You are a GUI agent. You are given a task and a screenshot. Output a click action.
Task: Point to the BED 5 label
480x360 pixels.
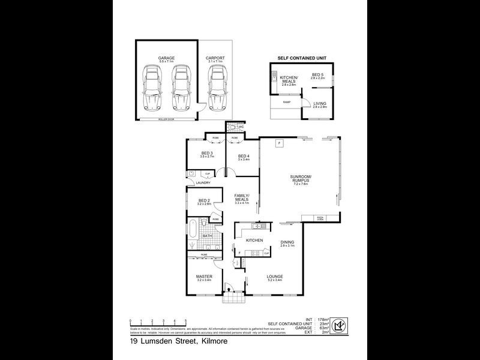(317, 74)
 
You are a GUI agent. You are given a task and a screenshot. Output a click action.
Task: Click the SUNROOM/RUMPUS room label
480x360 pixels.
(299, 178)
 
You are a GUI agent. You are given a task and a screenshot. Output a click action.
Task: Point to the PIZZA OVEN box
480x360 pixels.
(320, 218)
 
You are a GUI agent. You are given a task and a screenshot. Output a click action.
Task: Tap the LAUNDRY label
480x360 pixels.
(201, 182)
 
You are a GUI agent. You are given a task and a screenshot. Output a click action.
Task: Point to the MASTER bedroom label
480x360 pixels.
(204, 276)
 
